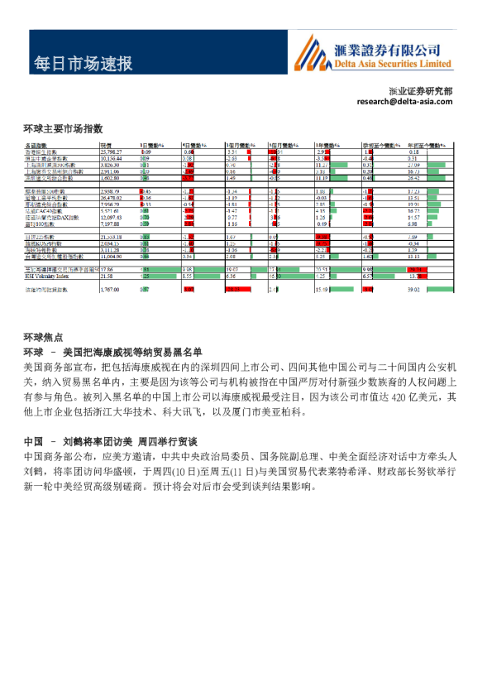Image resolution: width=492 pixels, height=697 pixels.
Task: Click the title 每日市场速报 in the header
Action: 83,64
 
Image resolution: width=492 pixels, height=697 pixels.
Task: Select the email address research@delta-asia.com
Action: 404,101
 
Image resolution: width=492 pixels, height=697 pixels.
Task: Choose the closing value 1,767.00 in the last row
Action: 109,290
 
